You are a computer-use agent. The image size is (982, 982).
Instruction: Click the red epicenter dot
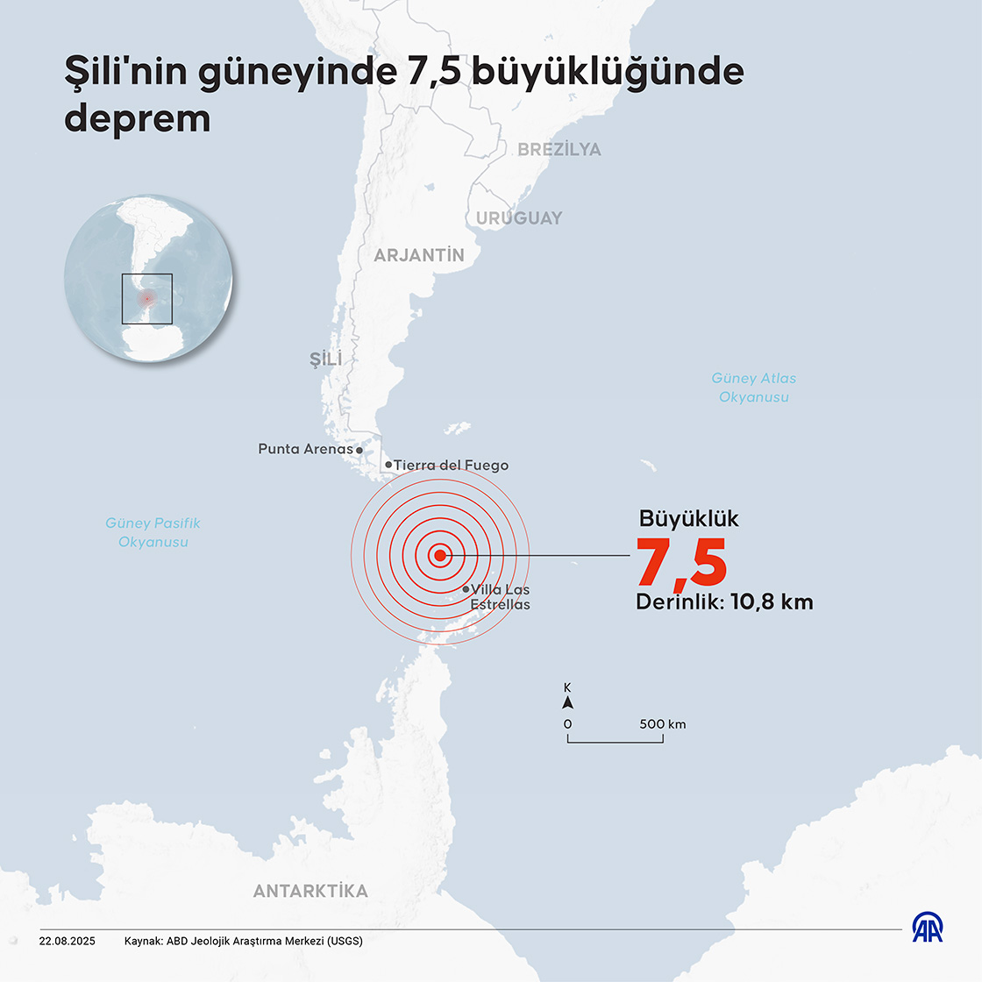click(x=440, y=554)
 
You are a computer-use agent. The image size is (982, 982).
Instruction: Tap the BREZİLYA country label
click(x=559, y=149)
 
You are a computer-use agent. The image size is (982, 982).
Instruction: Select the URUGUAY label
click(x=519, y=217)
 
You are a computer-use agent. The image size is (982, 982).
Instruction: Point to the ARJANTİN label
click(x=419, y=255)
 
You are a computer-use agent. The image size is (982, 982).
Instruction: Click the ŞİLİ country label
click(x=326, y=359)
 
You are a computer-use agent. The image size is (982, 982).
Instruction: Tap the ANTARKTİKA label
click(x=310, y=891)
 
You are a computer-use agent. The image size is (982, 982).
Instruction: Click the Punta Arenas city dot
click(x=359, y=450)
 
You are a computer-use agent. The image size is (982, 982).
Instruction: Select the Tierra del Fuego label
click(x=451, y=466)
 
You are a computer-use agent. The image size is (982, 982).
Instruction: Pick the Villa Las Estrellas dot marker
click(x=466, y=589)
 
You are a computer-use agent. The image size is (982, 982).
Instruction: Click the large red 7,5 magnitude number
click(x=681, y=562)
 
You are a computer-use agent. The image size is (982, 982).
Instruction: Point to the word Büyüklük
click(x=688, y=518)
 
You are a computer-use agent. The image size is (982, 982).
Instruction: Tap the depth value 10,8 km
click(x=772, y=602)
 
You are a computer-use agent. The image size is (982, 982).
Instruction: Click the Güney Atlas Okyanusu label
click(x=754, y=388)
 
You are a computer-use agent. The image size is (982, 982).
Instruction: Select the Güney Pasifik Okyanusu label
click(x=153, y=532)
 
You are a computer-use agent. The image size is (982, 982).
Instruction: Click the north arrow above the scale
click(x=567, y=702)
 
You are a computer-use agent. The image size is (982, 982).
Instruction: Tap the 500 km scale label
click(x=663, y=724)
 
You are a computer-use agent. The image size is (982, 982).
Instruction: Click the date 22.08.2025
click(x=67, y=941)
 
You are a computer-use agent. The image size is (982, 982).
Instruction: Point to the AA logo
click(x=928, y=928)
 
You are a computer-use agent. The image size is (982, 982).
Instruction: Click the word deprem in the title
click(x=138, y=118)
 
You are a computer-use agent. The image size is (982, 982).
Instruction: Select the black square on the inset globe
click(x=147, y=299)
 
